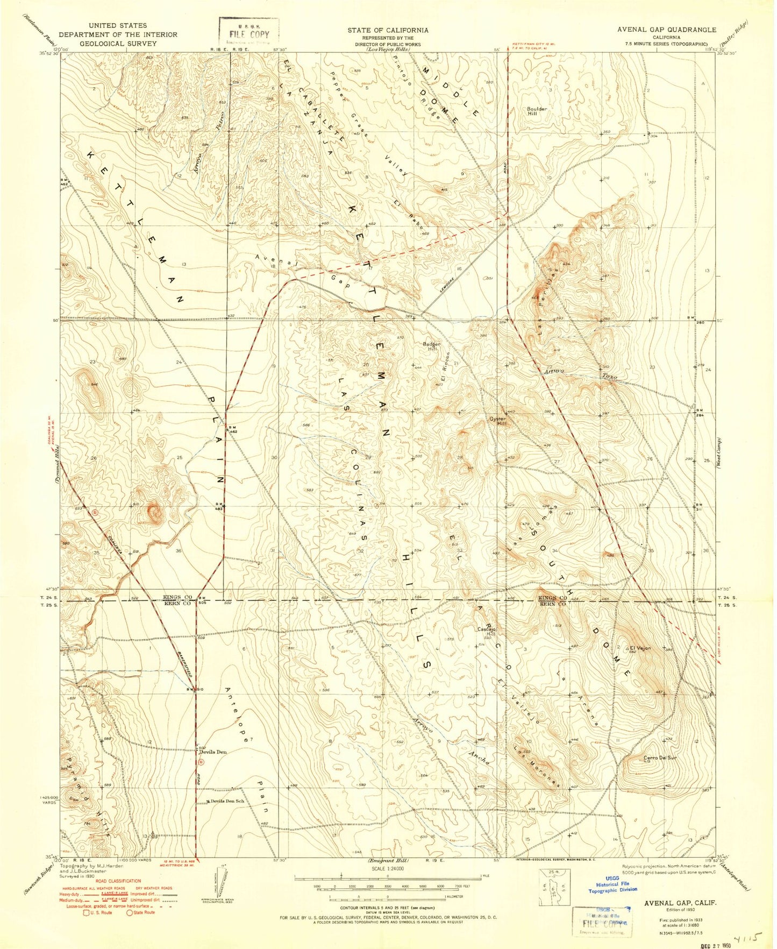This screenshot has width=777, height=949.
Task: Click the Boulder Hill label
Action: pos(537,111)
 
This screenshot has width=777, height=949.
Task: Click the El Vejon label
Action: pos(640,648)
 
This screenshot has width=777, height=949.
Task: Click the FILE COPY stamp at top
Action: pos(248,33)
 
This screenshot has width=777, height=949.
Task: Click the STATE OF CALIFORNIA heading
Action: pos(388,31)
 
